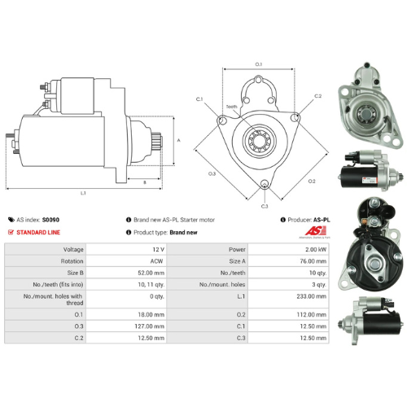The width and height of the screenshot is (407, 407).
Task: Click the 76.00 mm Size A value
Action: [x=299, y=261]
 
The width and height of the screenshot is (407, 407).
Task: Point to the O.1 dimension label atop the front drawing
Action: [x=259, y=63]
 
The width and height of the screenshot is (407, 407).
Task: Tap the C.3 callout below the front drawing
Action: [x=265, y=207]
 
